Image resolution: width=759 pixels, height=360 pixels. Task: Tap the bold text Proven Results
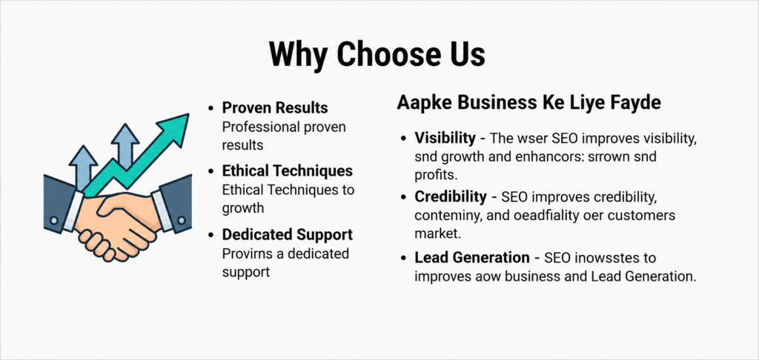(x=275, y=107)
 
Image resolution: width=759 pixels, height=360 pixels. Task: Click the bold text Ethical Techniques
(x=288, y=171)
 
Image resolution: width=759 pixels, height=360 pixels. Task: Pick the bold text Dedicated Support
(x=288, y=235)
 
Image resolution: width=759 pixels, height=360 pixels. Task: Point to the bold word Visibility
(x=445, y=138)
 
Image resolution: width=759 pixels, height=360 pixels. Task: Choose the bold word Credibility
(x=450, y=197)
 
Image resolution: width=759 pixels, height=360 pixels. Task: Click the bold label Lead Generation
(x=472, y=258)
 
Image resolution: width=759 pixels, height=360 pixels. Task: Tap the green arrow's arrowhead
(x=173, y=128)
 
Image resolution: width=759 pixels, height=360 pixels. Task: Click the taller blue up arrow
(x=125, y=146)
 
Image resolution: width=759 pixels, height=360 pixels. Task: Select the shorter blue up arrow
(x=83, y=167)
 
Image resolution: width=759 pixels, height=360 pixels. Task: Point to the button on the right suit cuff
(x=181, y=220)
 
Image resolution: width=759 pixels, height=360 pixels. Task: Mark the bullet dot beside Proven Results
(x=211, y=108)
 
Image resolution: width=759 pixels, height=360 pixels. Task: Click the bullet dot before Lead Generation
(x=403, y=258)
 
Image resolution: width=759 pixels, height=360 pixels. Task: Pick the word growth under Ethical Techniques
(x=243, y=209)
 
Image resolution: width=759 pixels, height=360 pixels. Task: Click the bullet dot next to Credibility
(x=403, y=198)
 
